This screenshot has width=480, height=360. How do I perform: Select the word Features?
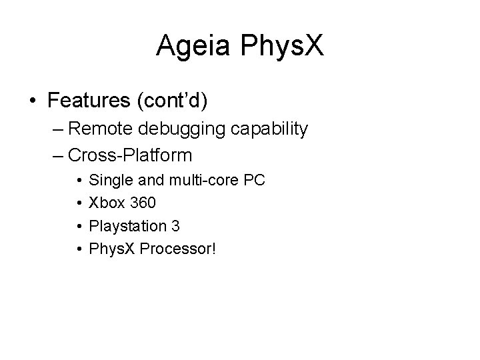pyautogui.click(x=91, y=101)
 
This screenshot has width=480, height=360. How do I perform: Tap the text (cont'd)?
pyautogui.click(x=173, y=101)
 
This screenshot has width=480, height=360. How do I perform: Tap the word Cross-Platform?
pyautogui.click(x=130, y=156)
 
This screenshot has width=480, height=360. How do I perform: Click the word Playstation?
pyautogui.click(x=127, y=227)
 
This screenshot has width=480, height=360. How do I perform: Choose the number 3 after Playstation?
pyautogui.click(x=175, y=227)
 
